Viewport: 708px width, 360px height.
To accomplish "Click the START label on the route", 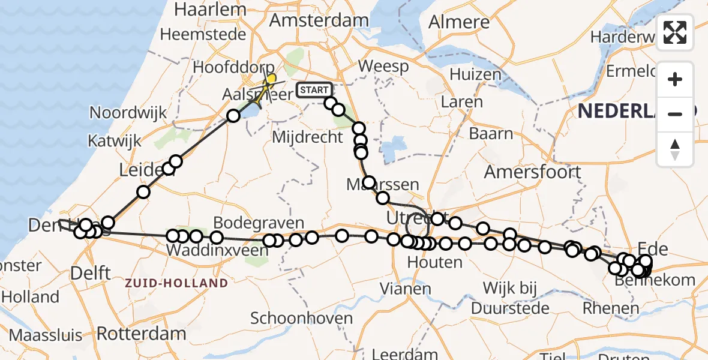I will [313, 90].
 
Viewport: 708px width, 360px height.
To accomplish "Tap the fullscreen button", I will [675, 32].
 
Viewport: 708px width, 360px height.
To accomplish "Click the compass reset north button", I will [675, 149].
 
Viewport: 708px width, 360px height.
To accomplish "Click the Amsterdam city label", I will [319, 20].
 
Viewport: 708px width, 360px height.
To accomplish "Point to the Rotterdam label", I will [141, 334].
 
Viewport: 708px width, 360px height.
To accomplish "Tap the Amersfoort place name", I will [532, 172].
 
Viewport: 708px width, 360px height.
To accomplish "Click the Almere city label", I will [459, 22].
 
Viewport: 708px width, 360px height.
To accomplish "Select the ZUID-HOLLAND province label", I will [176, 283].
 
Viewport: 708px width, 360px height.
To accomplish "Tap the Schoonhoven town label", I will [301, 319].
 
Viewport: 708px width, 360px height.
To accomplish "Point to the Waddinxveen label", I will [217, 250].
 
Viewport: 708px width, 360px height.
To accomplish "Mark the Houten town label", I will [434, 262].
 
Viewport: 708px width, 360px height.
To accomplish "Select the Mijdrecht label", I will [307, 137].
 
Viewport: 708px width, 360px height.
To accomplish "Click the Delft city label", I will [90, 274].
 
